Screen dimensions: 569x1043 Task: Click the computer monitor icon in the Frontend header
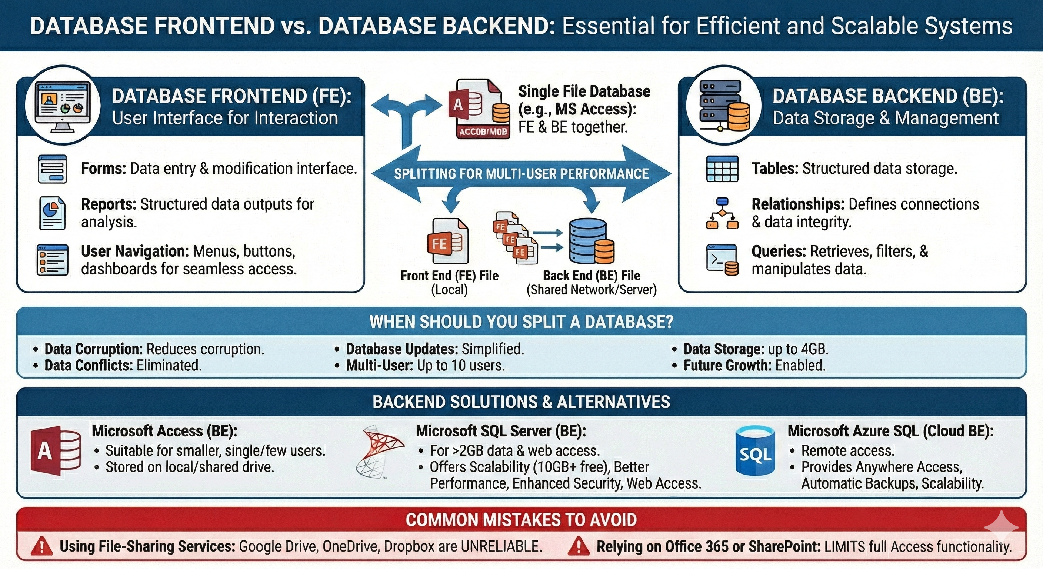(x=62, y=106)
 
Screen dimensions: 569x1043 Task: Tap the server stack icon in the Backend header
(x=723, y=106)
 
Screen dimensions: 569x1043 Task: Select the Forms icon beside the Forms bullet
(x=52, y=169)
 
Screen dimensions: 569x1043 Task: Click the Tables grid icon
(x=722, y=169)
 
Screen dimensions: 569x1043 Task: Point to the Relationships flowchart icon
(x=722, y=213)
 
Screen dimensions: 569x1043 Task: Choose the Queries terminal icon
(x=722, y=260)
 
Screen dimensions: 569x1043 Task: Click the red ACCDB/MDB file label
(x=483, y=132)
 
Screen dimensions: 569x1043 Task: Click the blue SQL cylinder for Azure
(x=755, y=450)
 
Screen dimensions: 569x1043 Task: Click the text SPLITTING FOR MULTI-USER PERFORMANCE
(x=521, y=174)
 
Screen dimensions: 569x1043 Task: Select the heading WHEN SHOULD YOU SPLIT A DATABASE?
(x=521, y=322)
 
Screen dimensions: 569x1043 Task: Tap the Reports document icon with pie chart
(x=52, y=213)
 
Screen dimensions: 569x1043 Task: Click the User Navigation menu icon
(x=52, y=260)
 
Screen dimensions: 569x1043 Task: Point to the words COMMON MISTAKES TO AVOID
(x=521, y=520)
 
